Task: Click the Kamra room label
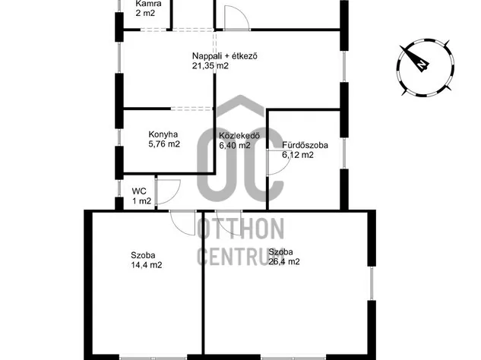coord(148,4)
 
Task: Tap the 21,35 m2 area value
coord(210,65)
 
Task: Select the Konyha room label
coord(163,134)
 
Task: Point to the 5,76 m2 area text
coord(164,144)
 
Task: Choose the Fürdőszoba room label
coord(305,145)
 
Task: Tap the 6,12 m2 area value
coord(298,155)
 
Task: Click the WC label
coord(139,191)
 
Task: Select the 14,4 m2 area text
coord(147,265)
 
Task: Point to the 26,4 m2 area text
coord(284,261)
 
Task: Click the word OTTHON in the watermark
coord(240,229)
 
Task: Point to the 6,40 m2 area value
coord(235,145)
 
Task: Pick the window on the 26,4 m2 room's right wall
coord(372,283)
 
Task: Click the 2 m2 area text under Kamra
coord(145,13)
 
